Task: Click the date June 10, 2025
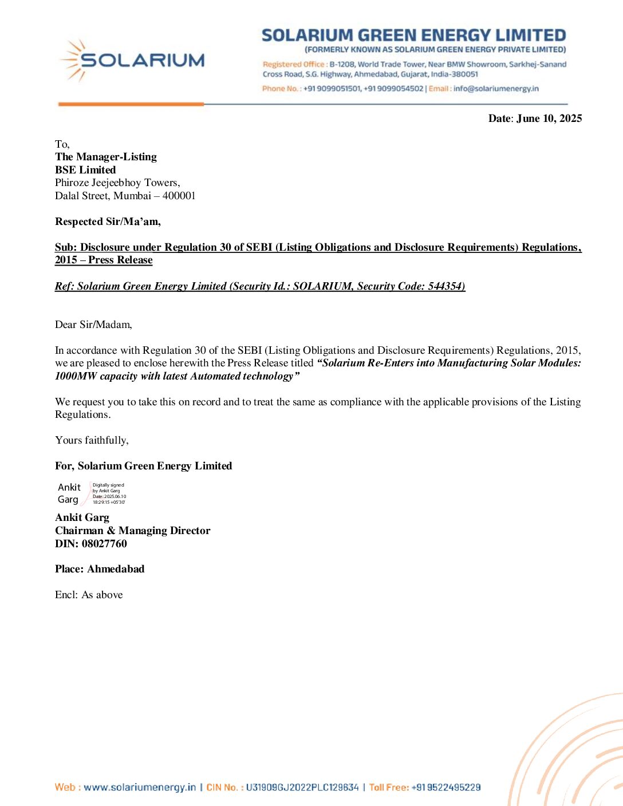[549, 118]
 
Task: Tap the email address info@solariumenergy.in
[496, 89]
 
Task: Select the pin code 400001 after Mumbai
[179, 196]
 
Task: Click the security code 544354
[445, 286]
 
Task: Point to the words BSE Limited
[85, 170]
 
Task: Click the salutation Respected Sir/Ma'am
[108, 222]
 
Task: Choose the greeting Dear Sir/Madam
[93, 325]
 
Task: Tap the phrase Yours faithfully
[92, 440]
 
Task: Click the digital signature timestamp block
[109, 493]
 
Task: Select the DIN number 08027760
[104, 544]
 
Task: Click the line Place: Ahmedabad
[100, 569]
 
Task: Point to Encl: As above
[89, 595]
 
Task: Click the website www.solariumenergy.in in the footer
[140, 787]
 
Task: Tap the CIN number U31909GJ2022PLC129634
[302, 787]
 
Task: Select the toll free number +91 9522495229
[445, 787]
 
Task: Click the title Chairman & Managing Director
[133, 531]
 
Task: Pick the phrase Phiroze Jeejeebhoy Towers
[117, 183]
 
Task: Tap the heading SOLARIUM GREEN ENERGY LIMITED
[413, 35]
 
